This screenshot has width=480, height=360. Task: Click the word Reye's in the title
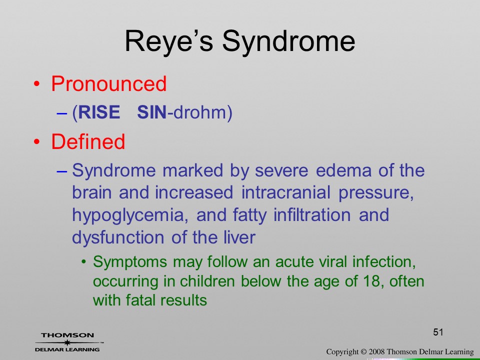[x=168, y=41]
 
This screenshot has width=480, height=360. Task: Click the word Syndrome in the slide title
[x=288, y=41]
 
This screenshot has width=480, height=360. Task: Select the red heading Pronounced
[x=108, y=83]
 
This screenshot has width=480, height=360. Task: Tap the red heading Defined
[x=88, y=141]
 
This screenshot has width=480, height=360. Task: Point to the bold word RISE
[x=99, y=112]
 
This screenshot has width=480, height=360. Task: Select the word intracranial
[x=286, y=192]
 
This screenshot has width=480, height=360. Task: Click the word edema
[x=343, y=170]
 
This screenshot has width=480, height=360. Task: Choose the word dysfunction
[x=117, y=237]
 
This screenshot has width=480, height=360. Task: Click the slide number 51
[x=438, y=332]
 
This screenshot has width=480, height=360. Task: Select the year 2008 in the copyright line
[x=376, y=351]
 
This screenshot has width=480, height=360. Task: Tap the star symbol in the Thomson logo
[x=67, y=342]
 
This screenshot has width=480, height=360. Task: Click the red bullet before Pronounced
[x=36, y=84]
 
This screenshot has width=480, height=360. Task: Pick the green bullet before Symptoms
[x=83, y=262]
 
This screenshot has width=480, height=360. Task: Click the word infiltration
[x=312, y=215]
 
